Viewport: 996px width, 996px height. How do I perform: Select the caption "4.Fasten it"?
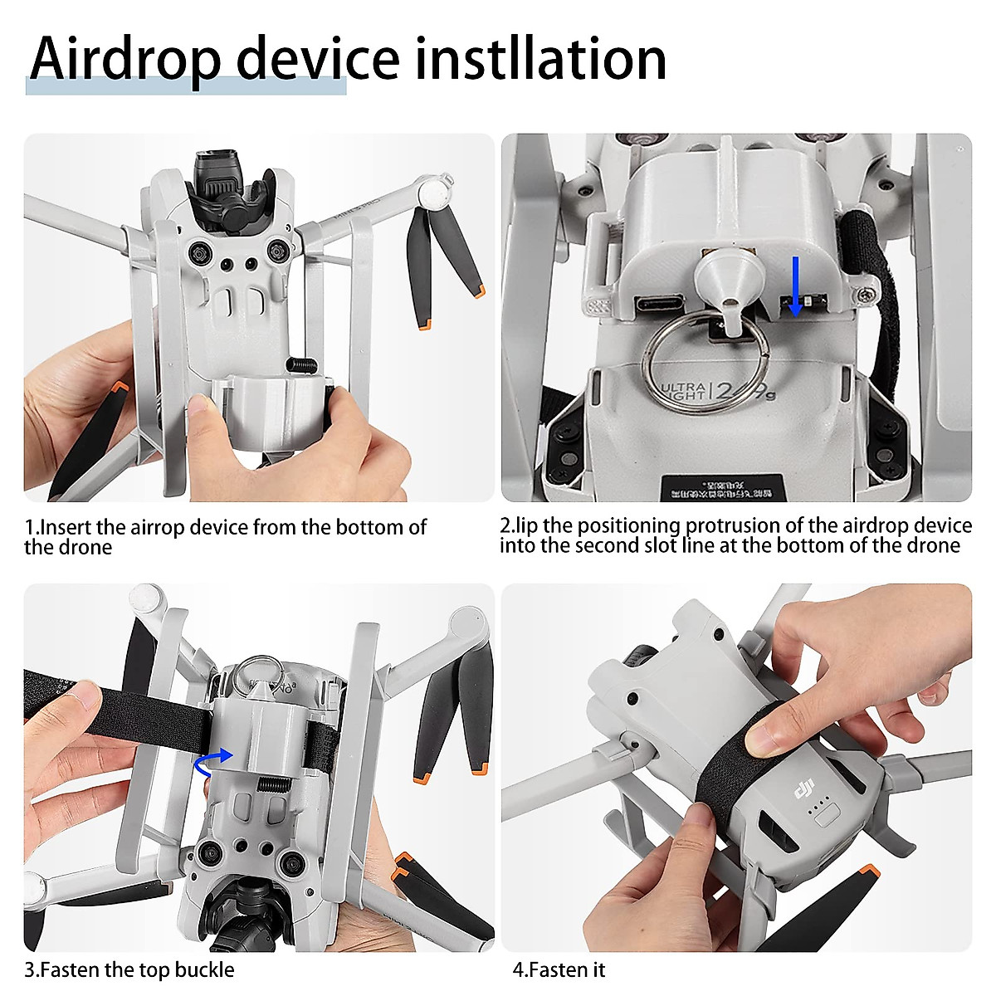click(559, 969)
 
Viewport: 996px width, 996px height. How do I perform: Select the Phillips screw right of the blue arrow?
click(866, 294)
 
